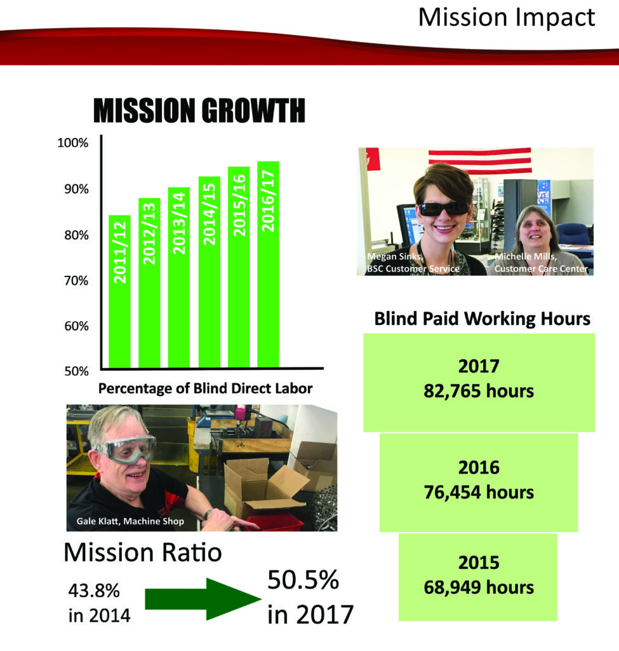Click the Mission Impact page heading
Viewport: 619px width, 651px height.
506,18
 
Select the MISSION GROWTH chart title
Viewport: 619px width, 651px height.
199,111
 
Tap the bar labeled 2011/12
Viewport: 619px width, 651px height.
119,291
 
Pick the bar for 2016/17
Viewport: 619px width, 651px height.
269,264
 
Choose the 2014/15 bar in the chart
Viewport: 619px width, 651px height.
210,272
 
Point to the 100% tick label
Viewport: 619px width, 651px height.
73,143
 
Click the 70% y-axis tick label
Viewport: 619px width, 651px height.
76,281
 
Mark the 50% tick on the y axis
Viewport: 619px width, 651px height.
76,371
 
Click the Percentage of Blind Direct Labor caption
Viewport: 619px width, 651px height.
205,388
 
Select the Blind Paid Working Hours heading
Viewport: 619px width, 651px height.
482,319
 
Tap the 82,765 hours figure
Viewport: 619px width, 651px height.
479,391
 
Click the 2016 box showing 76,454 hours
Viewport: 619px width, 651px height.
479,483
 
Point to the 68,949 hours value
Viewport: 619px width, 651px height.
479,587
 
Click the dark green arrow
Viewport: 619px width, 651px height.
203,599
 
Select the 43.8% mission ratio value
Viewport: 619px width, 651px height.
94,591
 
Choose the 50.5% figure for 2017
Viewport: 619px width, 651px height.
303,580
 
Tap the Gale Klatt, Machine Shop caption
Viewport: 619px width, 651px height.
130,521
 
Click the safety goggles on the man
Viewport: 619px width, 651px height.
126,449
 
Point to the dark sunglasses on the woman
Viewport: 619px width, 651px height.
444,209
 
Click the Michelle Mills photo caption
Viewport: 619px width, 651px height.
541,263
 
